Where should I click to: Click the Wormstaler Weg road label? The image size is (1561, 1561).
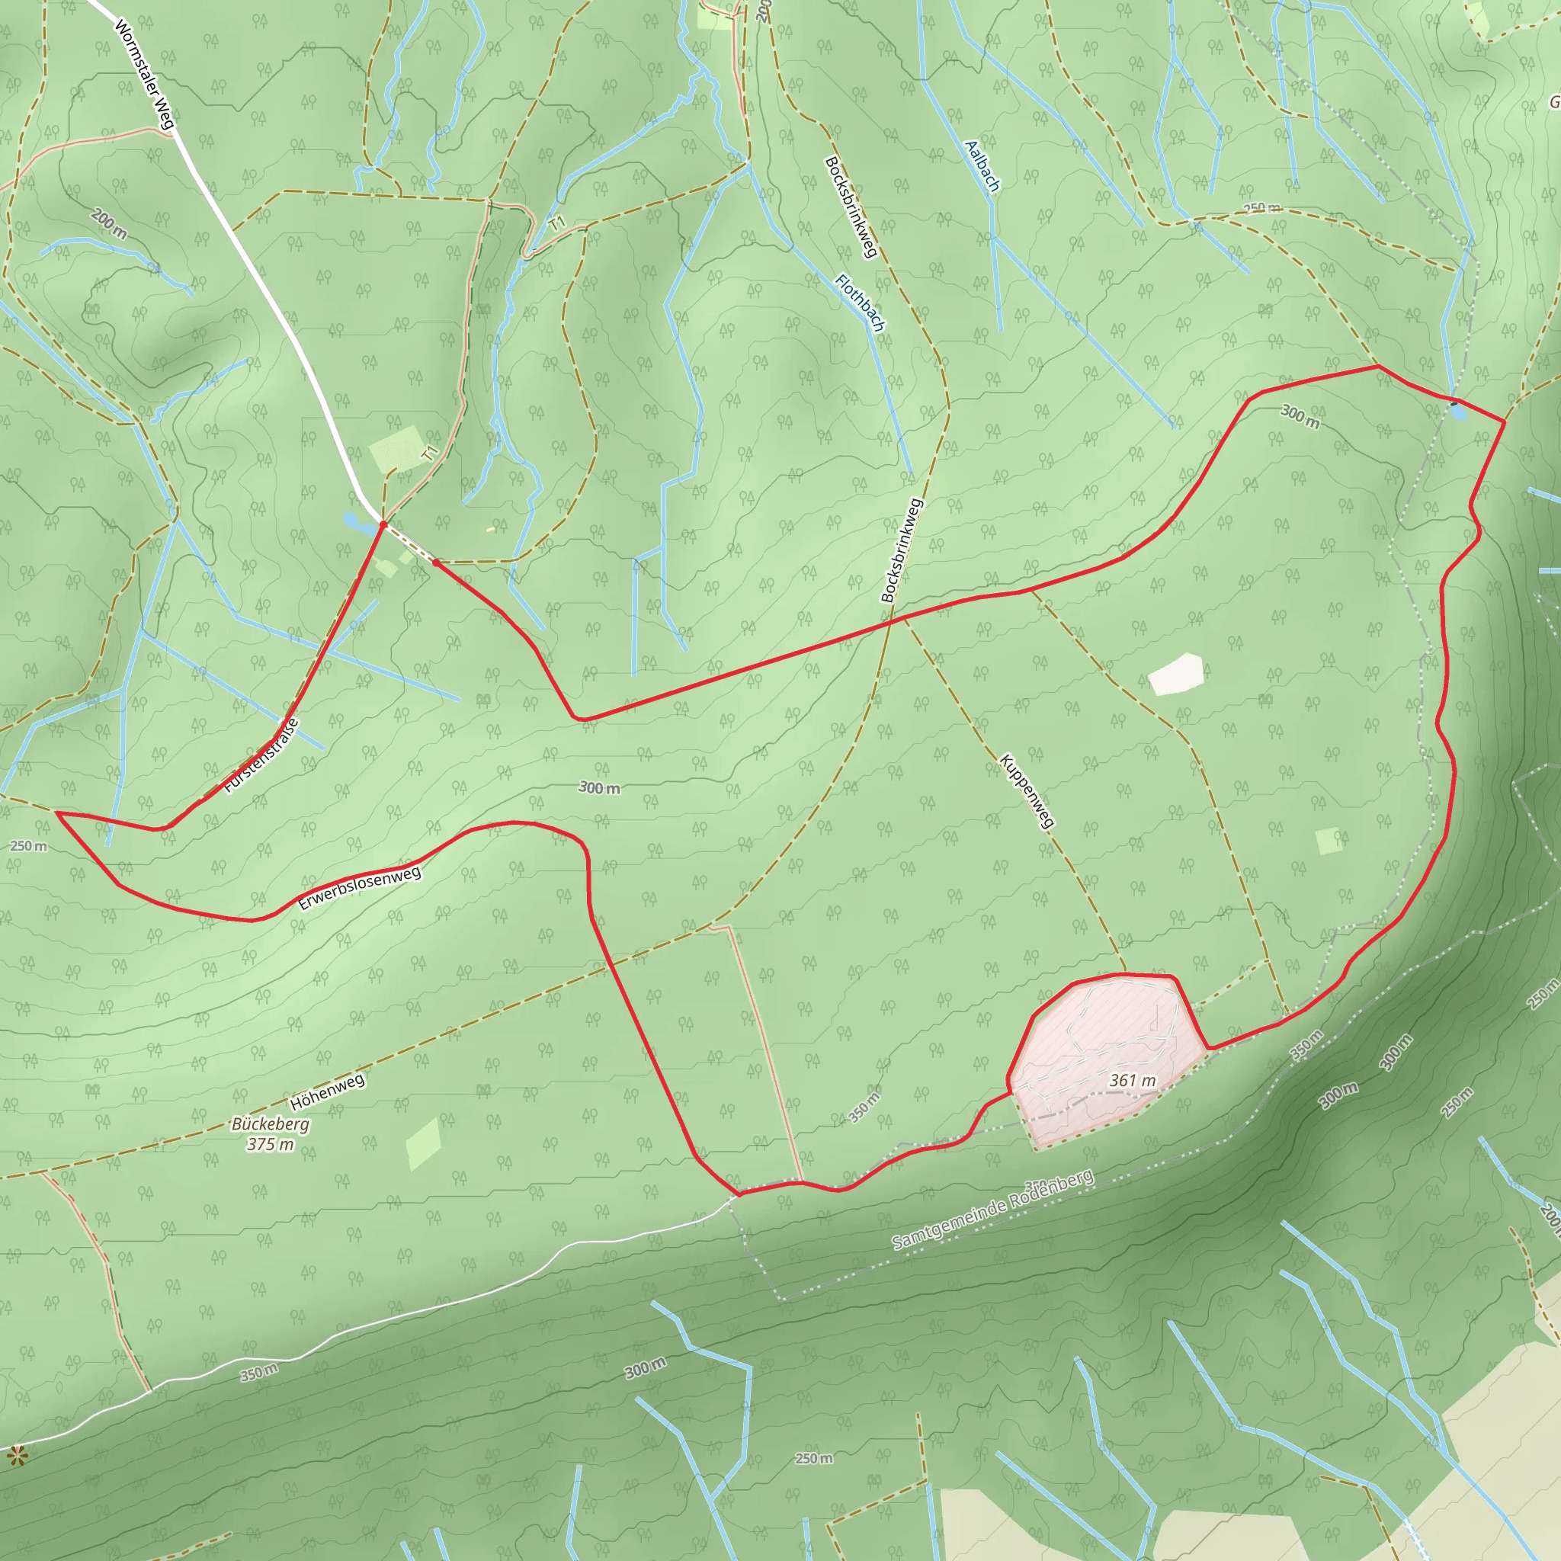[x=145, y=75]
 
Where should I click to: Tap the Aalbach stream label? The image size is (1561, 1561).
[x=982, y=166]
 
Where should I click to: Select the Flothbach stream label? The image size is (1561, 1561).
[x=860, y=303]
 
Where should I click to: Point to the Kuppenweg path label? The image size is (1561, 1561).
[x=1026, y=791]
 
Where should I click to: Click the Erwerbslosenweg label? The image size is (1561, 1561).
[x=360, y=888]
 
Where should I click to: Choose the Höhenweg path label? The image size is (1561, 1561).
[x=327, y=1091]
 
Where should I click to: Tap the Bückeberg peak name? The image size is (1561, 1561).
[x=270, y=1124]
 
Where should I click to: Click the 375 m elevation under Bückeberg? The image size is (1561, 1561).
[x=270, y=1144]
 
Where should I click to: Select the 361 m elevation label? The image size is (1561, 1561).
[x=1132, y=1080]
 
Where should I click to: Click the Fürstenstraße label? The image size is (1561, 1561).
[x=261, y=755]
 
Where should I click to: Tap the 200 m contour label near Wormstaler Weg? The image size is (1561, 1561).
[x=108, y=224]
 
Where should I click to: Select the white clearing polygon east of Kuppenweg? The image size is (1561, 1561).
[x=1177, y=674]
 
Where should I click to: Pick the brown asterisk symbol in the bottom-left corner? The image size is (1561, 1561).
[x=16, y=1457]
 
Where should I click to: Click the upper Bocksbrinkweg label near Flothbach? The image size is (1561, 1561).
[x=850, y=207]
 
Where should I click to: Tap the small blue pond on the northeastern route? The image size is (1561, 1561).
[x=1457, y=412]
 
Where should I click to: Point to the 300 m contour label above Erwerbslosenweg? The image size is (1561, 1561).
[x=600, y=788]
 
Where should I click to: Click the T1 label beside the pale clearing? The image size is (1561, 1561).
[x=431, y=454]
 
